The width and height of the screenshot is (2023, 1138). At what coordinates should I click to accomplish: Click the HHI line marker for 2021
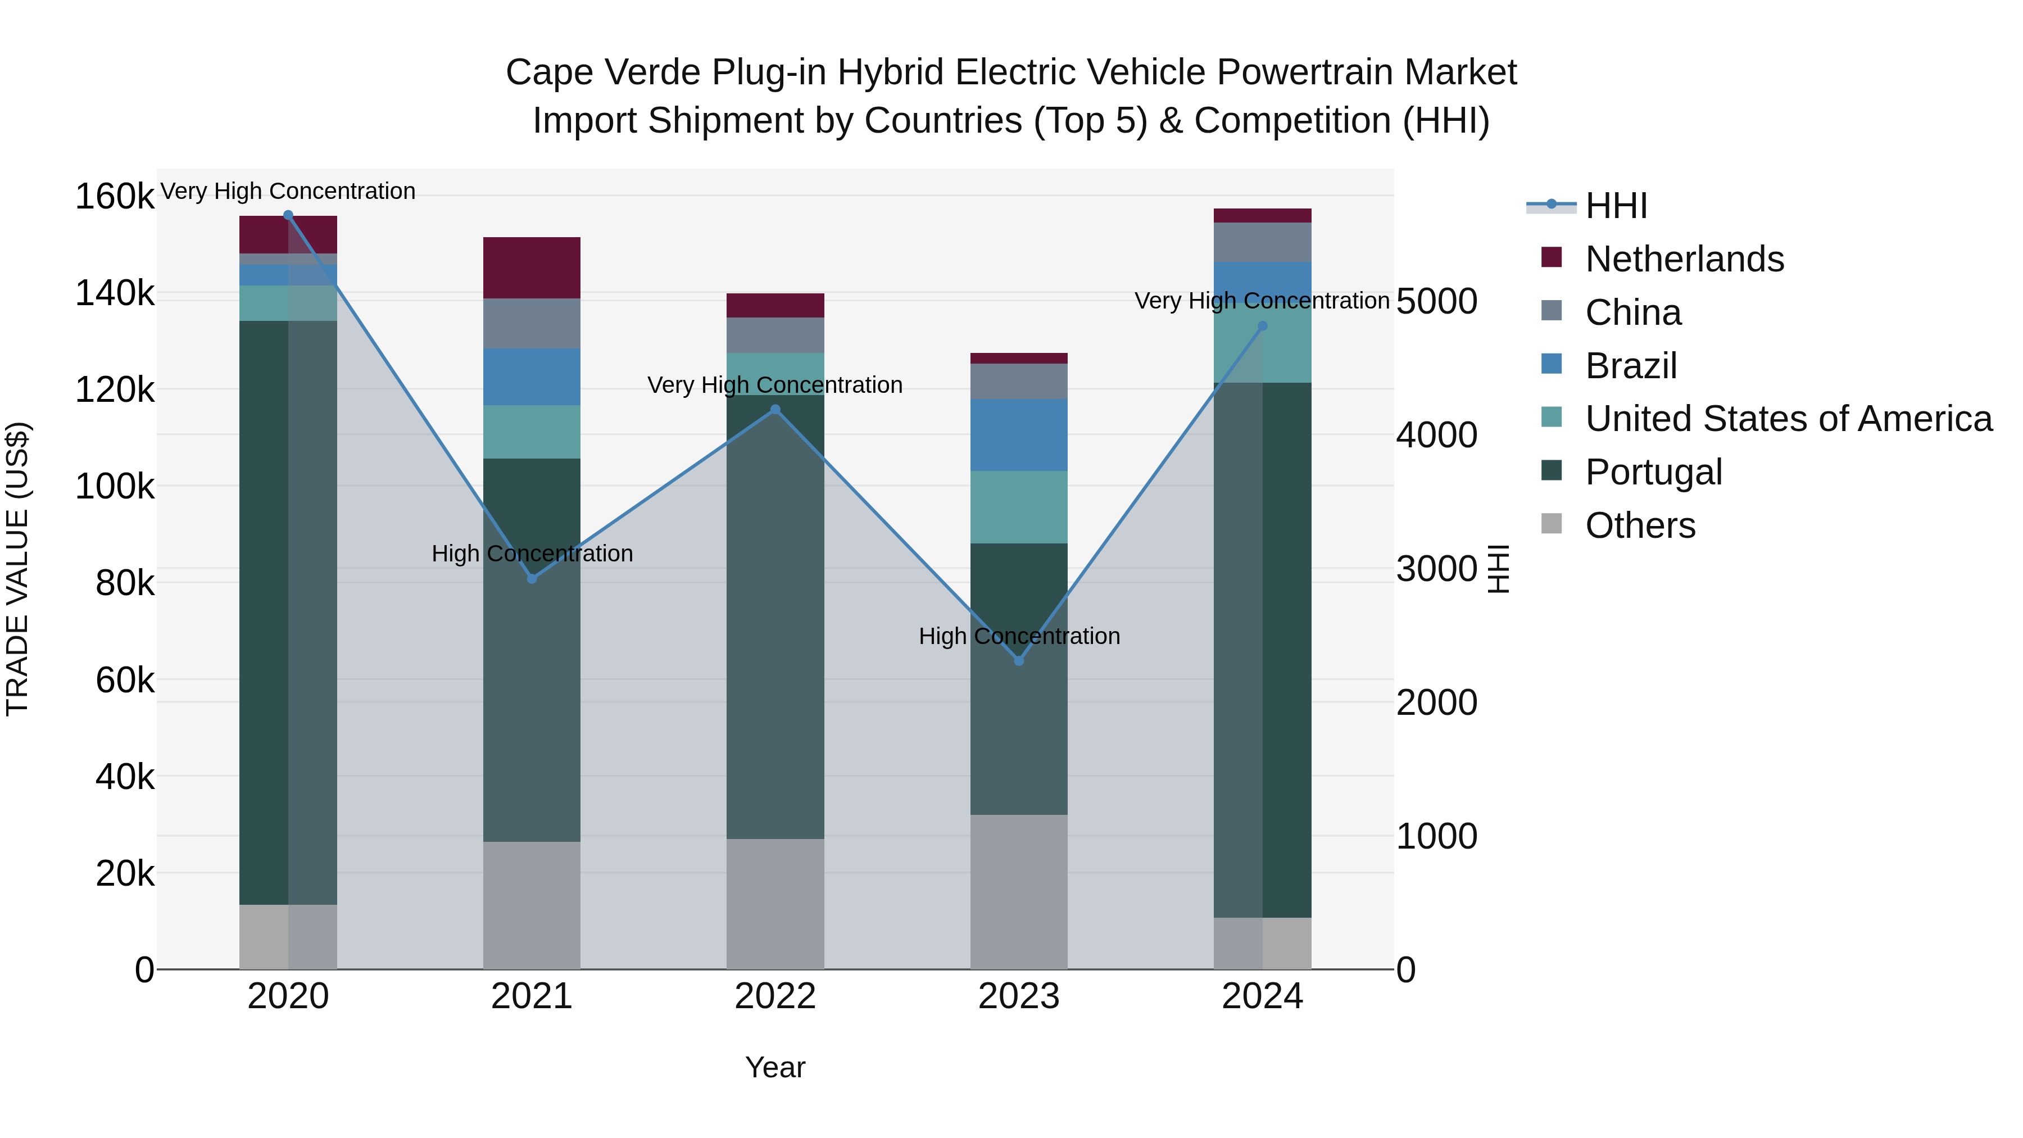(532, 579)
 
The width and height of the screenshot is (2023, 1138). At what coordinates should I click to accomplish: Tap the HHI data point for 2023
(1019, 660)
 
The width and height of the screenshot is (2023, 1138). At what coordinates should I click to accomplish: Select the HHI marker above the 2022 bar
(775, 409)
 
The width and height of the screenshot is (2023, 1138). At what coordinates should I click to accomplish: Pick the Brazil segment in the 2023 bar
(1019, 434)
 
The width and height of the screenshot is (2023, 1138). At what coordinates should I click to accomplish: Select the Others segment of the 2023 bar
(1019, 891)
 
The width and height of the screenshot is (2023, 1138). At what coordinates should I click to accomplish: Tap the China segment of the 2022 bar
(775, 335)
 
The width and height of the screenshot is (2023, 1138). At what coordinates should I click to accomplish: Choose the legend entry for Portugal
(1653, 472)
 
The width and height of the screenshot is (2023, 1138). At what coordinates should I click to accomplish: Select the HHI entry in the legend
(1616, 206)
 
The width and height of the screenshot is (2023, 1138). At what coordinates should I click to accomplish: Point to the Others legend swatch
(1551, 524)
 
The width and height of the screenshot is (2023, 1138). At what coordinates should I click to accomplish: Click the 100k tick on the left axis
(115, 487)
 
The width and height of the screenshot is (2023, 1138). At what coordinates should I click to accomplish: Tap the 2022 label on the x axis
(775, 996)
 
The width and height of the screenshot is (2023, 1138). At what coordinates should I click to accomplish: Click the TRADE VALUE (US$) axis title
(17, 569)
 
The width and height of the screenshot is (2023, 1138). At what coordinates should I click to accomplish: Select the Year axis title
(775, 1067)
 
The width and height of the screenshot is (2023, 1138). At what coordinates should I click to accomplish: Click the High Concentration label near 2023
(1019, 636)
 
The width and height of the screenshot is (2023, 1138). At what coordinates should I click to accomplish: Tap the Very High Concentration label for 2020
(287, 191)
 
